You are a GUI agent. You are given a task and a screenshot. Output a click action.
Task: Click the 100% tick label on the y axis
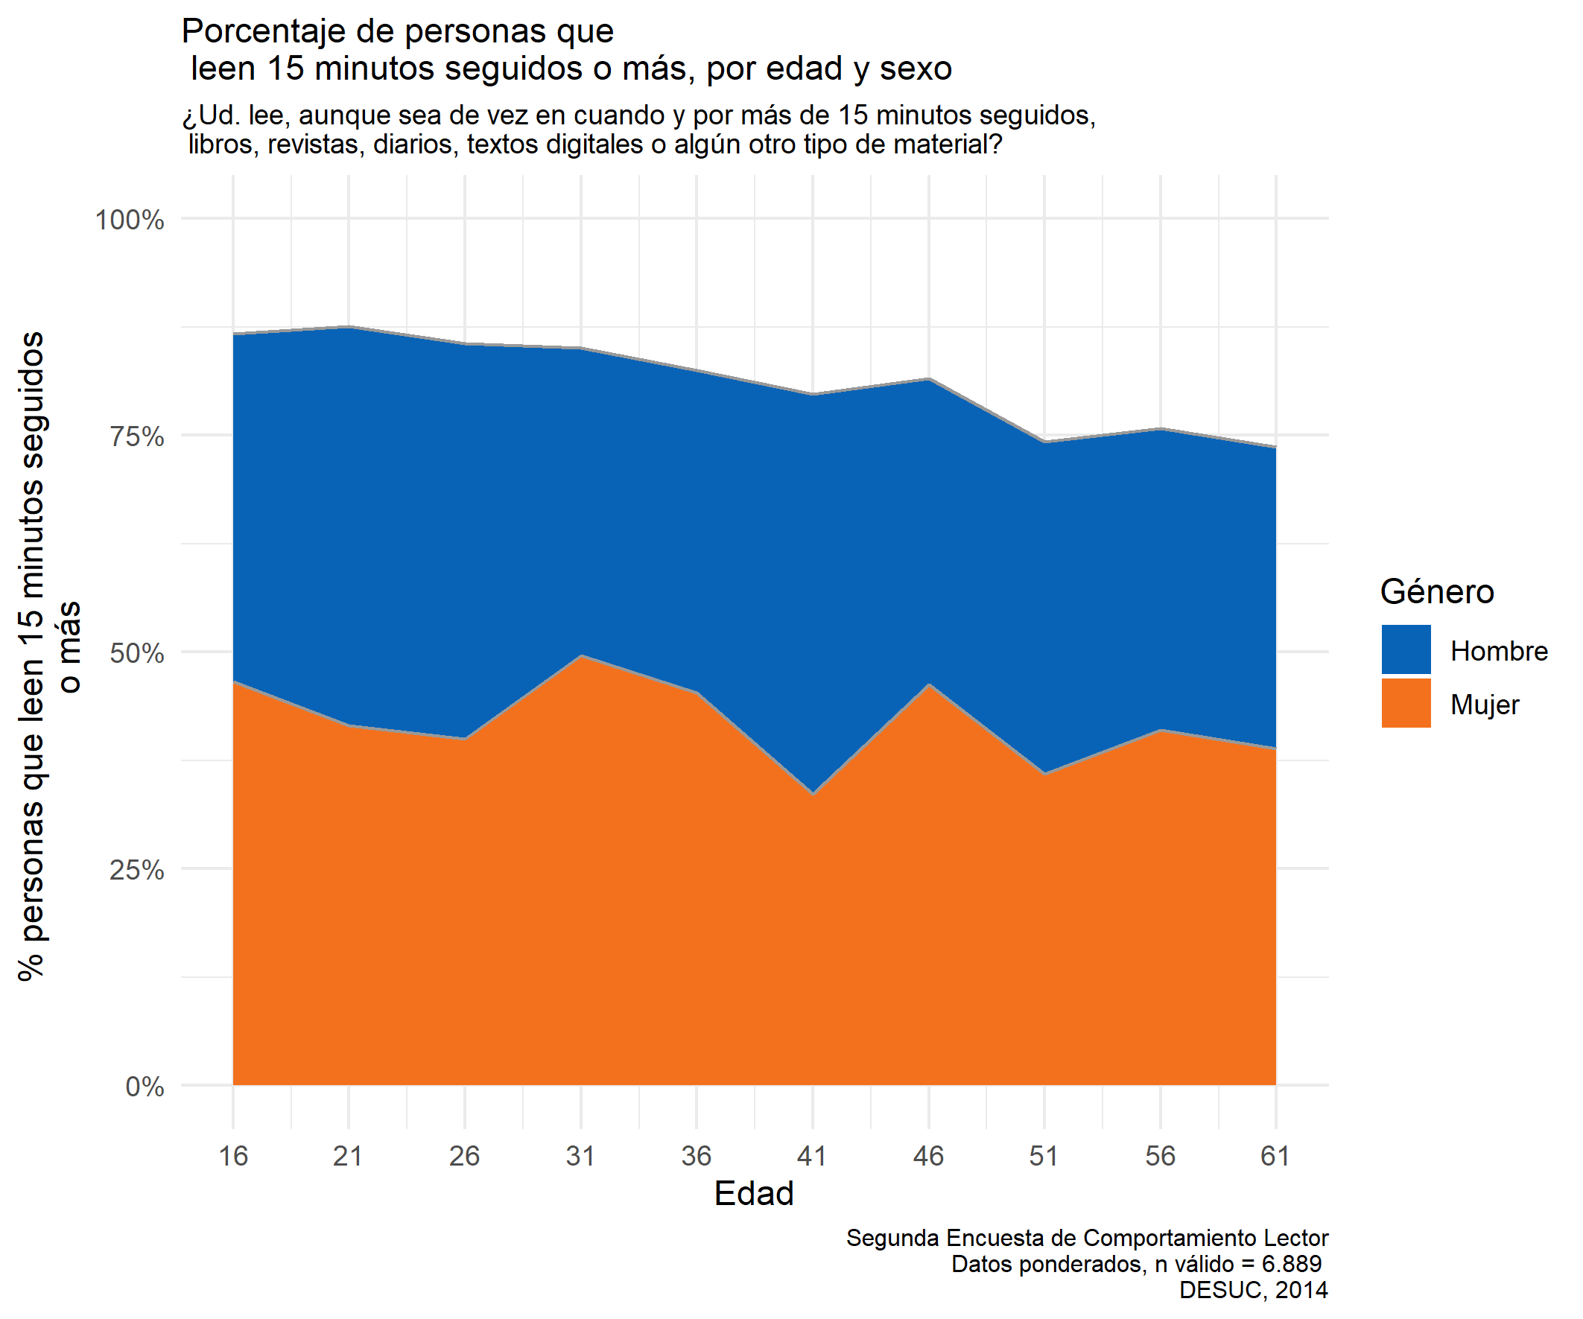click(129, 220)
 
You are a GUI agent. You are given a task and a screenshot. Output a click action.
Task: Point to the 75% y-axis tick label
click(136, 436)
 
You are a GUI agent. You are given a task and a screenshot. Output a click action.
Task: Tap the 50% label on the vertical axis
click(136, 652)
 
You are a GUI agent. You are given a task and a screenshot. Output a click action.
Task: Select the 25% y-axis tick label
click(136, 870)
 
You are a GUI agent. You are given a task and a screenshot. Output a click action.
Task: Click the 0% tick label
click(145, 1086)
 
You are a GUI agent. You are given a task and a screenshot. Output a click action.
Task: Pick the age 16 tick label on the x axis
click(233, 1155)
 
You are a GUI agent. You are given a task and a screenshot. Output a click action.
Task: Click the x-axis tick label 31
click(580, 1155)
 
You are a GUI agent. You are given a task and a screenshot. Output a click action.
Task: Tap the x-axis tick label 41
click(812, 1155)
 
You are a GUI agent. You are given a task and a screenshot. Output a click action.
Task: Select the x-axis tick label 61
click(1275, 1155)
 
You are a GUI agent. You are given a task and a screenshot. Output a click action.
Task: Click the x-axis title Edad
click(754, 1194)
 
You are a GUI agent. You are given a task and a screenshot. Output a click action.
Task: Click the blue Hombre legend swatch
click(1406, 649)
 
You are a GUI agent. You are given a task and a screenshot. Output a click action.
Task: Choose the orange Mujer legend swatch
click(1406, 702)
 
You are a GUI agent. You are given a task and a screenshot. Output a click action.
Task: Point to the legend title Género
click(1437, 591)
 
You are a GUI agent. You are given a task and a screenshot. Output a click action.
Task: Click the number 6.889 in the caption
click(1291, 1264)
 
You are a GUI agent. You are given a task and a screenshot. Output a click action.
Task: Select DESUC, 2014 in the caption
click(1253, 1291)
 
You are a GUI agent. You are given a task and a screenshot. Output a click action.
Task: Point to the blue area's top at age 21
click(349, 328)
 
